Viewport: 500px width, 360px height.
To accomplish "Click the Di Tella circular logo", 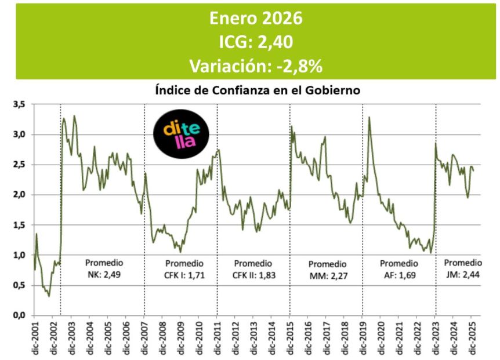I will (181, 134).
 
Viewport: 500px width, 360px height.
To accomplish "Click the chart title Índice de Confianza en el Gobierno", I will (258, 91).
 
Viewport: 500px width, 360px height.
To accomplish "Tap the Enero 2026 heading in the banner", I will (256, 19).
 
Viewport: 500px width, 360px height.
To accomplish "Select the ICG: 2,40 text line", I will (256, 42).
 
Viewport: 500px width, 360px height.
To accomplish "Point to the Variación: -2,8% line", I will (256, 66).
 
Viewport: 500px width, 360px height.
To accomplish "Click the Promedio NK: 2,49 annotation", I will (103, 268).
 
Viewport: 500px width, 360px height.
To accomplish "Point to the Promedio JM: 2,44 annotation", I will (463, 268).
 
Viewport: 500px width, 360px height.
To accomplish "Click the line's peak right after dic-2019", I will (369, 117).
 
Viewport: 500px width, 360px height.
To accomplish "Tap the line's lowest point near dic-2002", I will (49, 296).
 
